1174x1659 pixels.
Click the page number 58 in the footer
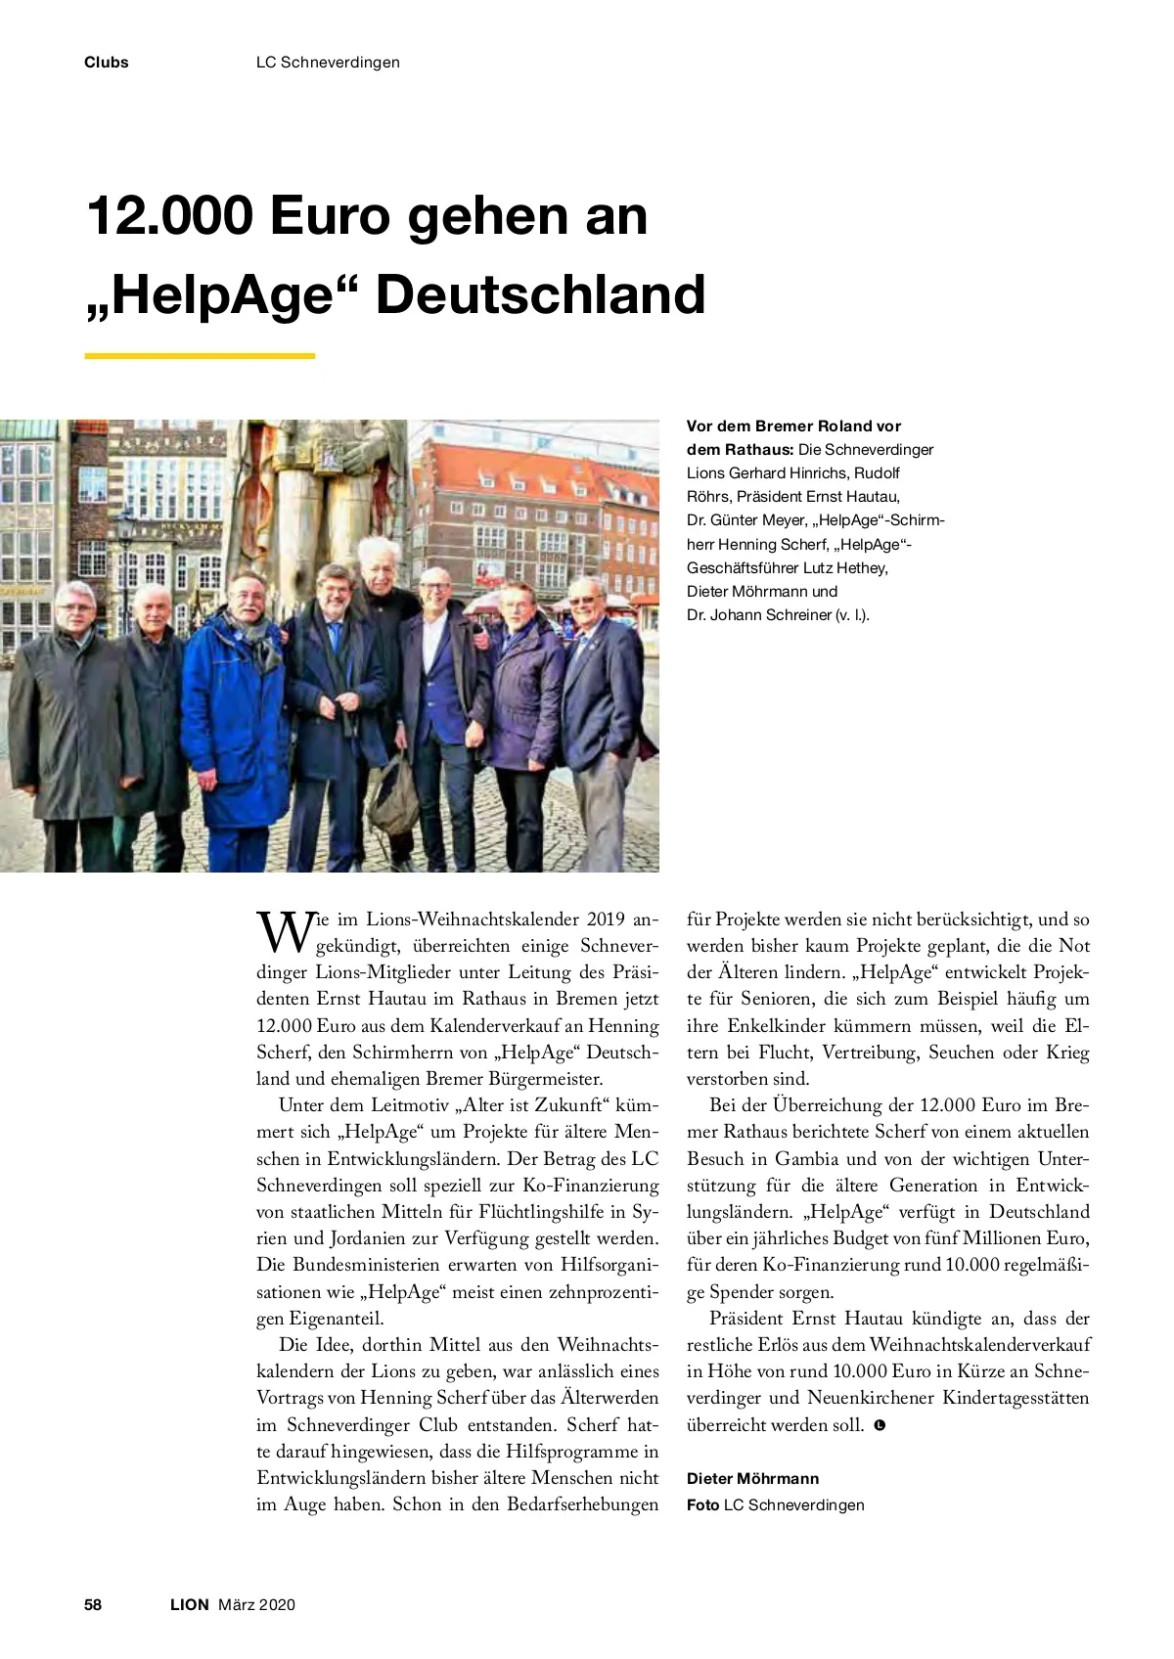(93, 1604)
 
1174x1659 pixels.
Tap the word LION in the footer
(190, 1604)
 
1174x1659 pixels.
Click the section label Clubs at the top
(106, 63)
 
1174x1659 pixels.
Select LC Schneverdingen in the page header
(328, 63)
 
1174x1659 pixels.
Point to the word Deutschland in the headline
(540, 294)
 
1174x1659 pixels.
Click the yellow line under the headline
(200, 356)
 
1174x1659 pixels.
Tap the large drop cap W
(285, 931)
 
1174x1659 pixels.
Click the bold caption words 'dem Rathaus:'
(740, 450)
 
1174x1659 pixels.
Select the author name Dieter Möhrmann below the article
(752, 1478)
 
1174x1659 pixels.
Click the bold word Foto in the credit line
(702, 1504)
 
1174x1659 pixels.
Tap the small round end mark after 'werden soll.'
(879, 1425)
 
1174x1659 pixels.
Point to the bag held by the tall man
(395, 792)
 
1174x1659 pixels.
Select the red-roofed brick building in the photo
(538, 509)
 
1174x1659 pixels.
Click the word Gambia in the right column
(806, 1159)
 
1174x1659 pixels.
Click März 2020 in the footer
(256, 1604)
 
